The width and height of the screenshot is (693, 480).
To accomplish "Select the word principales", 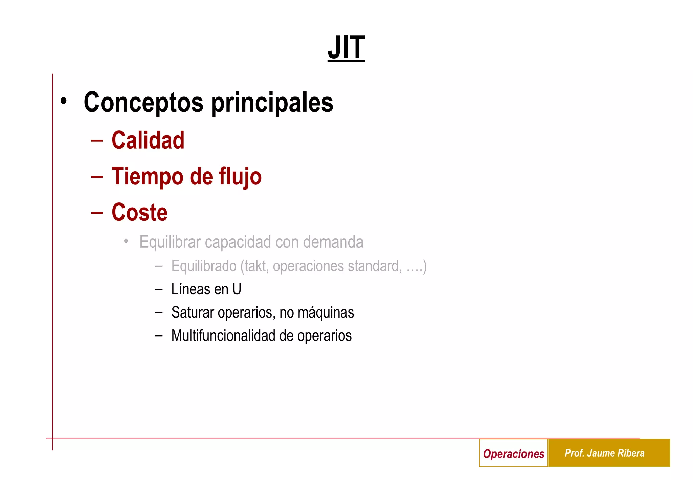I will coord(272,103).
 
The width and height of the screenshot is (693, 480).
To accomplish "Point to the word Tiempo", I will coord(147,177).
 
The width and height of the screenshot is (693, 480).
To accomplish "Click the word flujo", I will coord(240,177).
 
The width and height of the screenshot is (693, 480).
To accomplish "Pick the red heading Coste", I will coord(139,213).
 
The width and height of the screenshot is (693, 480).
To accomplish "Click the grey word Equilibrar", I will coord(170,242).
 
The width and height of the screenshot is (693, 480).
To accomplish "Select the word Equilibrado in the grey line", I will coord(204,266).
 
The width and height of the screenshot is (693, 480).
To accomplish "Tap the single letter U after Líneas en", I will coord(237,289).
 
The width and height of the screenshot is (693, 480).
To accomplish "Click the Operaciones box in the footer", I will coord(513,453).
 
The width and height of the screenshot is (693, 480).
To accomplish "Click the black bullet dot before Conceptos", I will coord(63,101).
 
